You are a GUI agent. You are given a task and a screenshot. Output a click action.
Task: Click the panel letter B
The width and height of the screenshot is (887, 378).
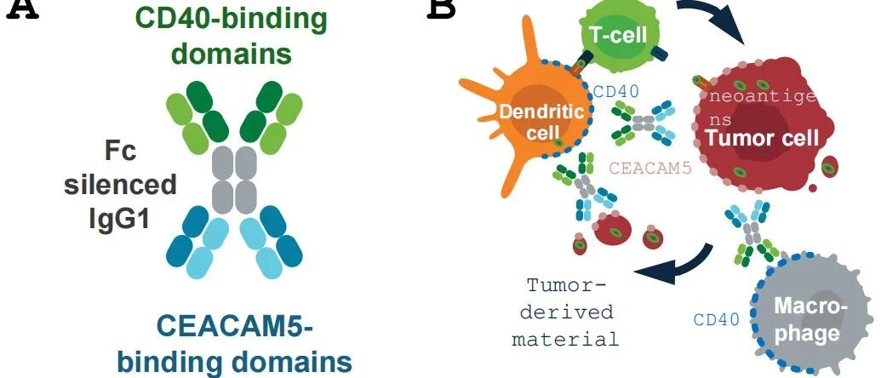pyautogui.click(x=441, y=9)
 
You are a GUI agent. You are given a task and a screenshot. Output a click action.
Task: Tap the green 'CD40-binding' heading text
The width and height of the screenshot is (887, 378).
pyautogui.click(x=232, y=20)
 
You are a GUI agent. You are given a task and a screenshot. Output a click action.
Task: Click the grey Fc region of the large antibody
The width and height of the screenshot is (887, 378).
pyautogui.click(x=233, y=180)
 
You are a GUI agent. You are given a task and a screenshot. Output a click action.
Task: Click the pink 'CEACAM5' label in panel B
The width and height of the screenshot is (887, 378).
pyautogui.click(x=649, y=168)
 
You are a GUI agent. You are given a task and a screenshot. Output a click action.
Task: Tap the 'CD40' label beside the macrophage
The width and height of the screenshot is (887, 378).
pyautogui.click(x=716, y=320)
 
